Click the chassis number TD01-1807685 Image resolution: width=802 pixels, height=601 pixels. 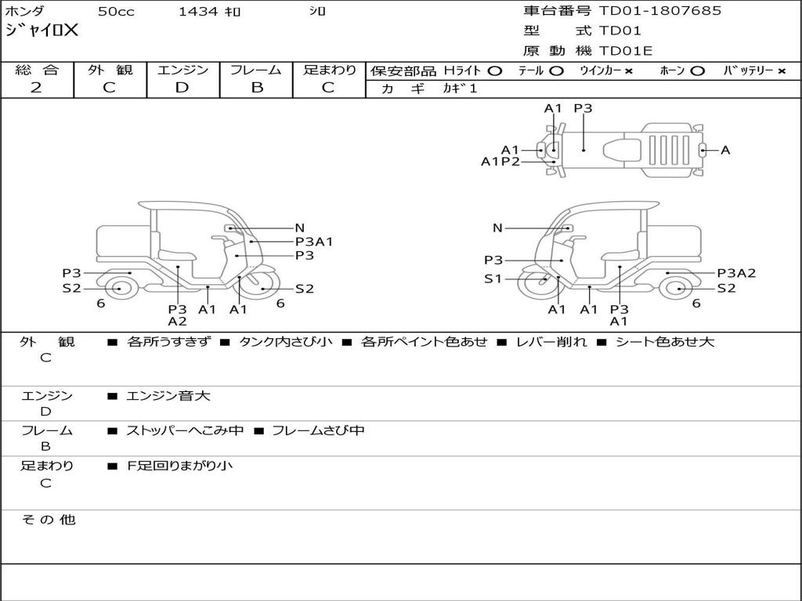point(659,11)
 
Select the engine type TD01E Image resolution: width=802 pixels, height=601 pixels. point(626,51)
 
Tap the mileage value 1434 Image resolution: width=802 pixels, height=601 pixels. point(198,11)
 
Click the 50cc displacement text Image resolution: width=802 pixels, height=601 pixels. point(116,11)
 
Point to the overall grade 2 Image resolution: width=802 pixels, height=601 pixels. point(36,88)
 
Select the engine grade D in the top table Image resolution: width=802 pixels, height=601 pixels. point(182,88)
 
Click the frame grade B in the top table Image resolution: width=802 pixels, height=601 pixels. point(257,88)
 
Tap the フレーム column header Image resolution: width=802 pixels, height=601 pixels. point(256,70)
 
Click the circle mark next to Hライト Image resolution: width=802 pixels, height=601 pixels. point(495,71)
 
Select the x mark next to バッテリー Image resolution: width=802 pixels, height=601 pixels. point(781,71)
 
